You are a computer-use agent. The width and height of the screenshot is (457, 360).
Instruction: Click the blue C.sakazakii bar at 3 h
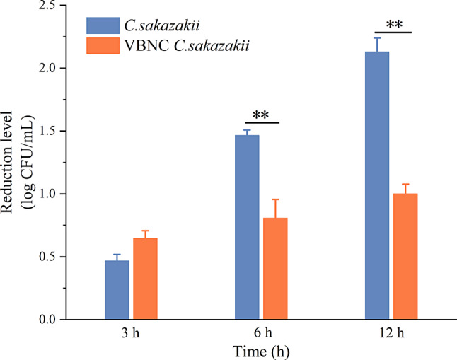point(117,290)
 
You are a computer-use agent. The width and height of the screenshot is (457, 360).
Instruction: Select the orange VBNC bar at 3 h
point(146,279)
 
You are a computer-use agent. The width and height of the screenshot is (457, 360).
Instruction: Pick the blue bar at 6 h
point(247,227)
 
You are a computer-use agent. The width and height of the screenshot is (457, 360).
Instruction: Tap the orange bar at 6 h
point(275,269)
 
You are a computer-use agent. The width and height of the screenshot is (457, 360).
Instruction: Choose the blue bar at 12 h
point(377,185)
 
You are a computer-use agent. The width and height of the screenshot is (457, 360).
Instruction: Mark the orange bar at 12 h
point(405,257)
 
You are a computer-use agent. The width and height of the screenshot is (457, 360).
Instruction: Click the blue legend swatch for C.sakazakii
point(103,25)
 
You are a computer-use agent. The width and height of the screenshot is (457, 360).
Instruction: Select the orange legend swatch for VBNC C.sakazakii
point(103,46)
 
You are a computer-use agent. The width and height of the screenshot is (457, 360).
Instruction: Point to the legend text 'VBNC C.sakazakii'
point(187,46)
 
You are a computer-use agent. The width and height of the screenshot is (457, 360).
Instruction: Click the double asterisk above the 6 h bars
point(260,115)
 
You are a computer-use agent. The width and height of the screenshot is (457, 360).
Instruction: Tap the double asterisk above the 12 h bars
point(394,25)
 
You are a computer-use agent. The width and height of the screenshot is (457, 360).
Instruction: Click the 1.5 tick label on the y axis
point(48,131)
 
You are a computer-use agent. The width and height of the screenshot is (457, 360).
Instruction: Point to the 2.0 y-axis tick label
point(48,68)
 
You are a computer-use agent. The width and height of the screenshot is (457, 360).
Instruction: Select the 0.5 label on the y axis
point(48,257)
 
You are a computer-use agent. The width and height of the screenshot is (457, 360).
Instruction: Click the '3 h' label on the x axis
point(130,333)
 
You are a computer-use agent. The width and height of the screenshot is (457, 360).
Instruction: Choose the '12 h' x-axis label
point(392,333)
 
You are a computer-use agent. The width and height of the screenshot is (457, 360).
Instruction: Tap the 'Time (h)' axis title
point(261,352)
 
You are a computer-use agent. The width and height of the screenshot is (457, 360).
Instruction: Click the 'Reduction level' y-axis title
point(6,163)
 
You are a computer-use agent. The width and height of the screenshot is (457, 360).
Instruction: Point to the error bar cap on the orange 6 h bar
point(275,199)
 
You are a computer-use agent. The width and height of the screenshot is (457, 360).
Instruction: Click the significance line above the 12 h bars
point(393,33)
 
